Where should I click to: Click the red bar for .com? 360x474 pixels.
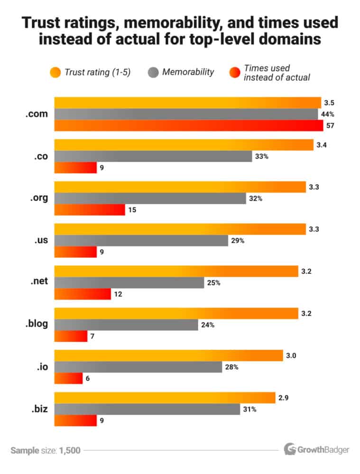pos(189,126)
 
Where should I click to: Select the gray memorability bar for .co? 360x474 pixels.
pos(153,156)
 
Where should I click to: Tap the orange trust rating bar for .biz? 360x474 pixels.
pos(165,398)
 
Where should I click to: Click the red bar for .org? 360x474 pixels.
pos(90,210)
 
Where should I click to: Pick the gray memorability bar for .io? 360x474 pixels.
pos(138,367)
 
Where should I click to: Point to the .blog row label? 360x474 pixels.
pos(36,325)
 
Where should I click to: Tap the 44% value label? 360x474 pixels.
pos(329,114)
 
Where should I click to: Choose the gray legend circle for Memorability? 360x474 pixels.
pos(153,73)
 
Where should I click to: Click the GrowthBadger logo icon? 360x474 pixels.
pos(290,448)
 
